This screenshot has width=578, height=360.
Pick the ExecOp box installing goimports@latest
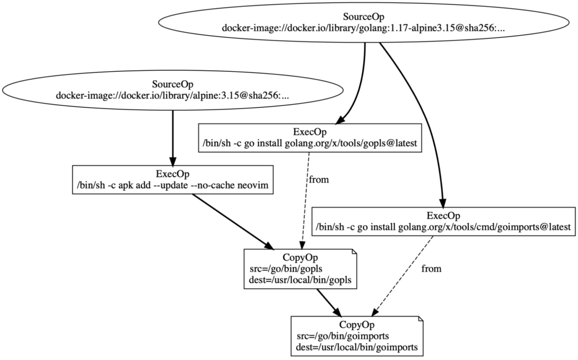tap(442, 221)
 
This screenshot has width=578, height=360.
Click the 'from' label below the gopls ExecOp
tap(319, 180)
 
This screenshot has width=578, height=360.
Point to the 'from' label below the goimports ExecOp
tap(431, 269)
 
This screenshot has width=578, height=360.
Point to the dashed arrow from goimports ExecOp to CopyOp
tap(406, 276)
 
